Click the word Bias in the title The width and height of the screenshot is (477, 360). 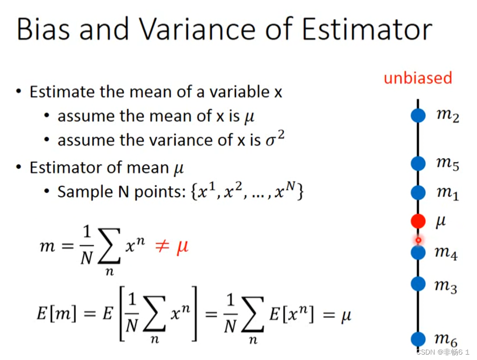coord(43,29)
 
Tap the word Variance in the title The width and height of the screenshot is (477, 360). coord(197,29)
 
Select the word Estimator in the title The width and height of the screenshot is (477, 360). coord(367,29)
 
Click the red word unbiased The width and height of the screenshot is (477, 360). coord(418,78)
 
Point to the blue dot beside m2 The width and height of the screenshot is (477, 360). coord(418,115)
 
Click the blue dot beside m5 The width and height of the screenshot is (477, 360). coord(418,164)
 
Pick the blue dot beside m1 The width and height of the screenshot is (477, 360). coord(418,192)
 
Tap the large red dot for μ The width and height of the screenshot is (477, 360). coord(418,221)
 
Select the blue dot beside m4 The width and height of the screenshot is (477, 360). coord(418,252)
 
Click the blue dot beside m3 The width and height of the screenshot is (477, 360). coord(418,284)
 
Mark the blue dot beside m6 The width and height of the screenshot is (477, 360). coord(418,339)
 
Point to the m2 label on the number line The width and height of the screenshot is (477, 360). coord(447,116)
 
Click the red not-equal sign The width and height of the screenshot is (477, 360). coord(162,246)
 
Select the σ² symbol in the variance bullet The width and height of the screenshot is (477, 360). coord(275,139)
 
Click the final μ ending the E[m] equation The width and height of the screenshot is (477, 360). coord(346,315)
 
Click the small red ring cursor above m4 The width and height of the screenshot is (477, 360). coord(419,240)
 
